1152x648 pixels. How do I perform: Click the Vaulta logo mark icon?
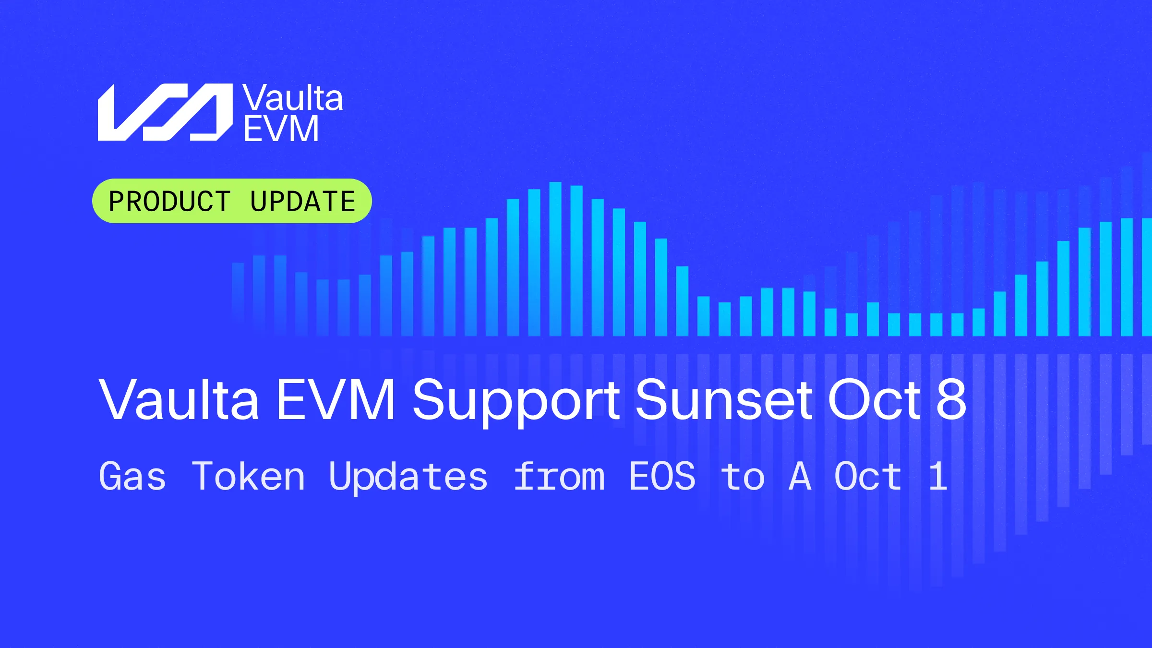[165, 112]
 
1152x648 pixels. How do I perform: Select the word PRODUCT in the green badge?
[169, 201]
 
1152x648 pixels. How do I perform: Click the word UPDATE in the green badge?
[302, 201]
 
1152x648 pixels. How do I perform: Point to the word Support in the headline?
[516, 401]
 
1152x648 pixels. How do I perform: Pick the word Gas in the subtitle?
[132, 476]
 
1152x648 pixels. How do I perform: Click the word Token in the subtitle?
[249, 476]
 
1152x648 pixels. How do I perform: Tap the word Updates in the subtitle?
[408, 478]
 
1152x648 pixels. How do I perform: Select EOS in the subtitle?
[662, 476]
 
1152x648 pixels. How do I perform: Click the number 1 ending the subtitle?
[938, 476]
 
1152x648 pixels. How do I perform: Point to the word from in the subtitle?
[559, 476]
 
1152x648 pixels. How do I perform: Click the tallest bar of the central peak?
[555, 259]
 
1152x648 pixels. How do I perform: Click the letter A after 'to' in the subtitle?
[800, 476]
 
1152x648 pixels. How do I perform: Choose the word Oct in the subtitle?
[868, 476]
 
